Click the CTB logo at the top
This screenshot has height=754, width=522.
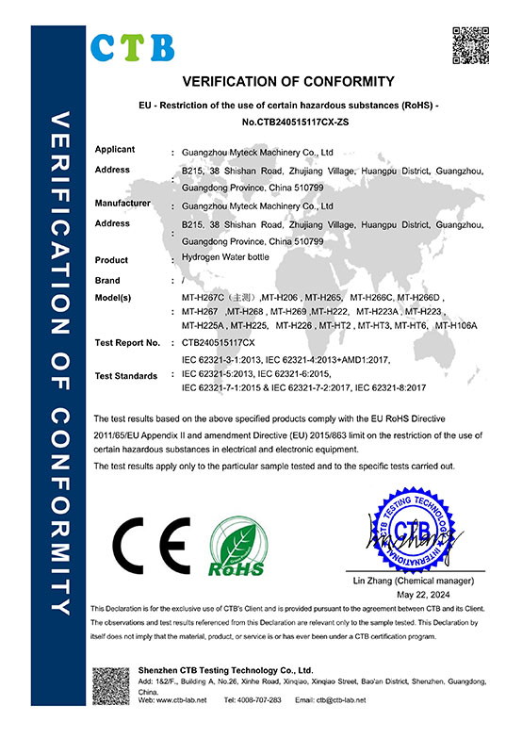click(x=133, y=44)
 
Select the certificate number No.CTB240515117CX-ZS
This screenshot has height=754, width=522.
click(x=287, y=122)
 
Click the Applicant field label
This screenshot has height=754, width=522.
click(x=115, y=150)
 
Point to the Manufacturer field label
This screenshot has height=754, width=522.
click(x=123, y=203)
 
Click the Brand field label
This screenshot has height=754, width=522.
click(x=108, y=281)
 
